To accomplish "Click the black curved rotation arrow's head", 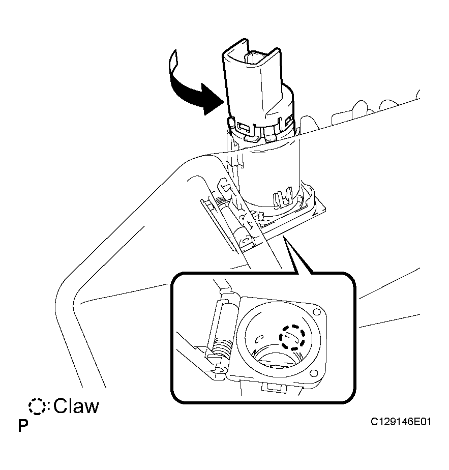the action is pyautogui.click(x=212, y=99).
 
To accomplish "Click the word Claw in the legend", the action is pyautogui.click(x=76, y=406).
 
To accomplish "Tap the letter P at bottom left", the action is pyautogui.click(x=23, y=425).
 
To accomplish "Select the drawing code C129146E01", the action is pyautogui.click(x=401, y=422).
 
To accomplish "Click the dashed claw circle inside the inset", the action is pyautogui.click(x=292, y=337).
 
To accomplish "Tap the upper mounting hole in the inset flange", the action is pyautogui.click(x=316, y=312).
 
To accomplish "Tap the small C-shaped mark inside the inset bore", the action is pyautogui.click(x=259, y=339).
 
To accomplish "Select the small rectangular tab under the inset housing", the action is pyautogui.click(x=273, y=387).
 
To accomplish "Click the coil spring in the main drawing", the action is pyautogui.click(x=222, y=203).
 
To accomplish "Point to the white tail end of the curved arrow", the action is pyautogui.click(x=173, y=62).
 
